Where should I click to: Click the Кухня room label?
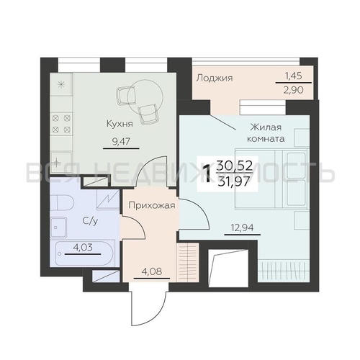tap(120, 124)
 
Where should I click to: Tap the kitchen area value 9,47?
tap(121, 142)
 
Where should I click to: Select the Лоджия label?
tap(215, 78)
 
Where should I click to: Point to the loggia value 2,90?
tap(294, 90)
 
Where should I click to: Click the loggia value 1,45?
tap(293, 76)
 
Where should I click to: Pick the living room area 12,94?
tap(242, 227)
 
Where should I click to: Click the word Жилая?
tap(266, 127)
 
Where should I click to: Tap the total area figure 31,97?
tap(234, 181)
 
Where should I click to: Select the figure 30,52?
tap(235, 166)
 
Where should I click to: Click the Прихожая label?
tap(152, 206)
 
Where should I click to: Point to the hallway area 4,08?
tap(152, 271)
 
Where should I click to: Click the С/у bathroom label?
tap(90, 221)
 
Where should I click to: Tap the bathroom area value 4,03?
tap(82, 247)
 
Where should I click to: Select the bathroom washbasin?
tap(58, 227)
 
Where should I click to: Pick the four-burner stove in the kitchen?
tap(61, 124)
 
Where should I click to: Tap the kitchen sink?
tap(61, 162)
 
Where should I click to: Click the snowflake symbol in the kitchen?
tap(61, 84)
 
